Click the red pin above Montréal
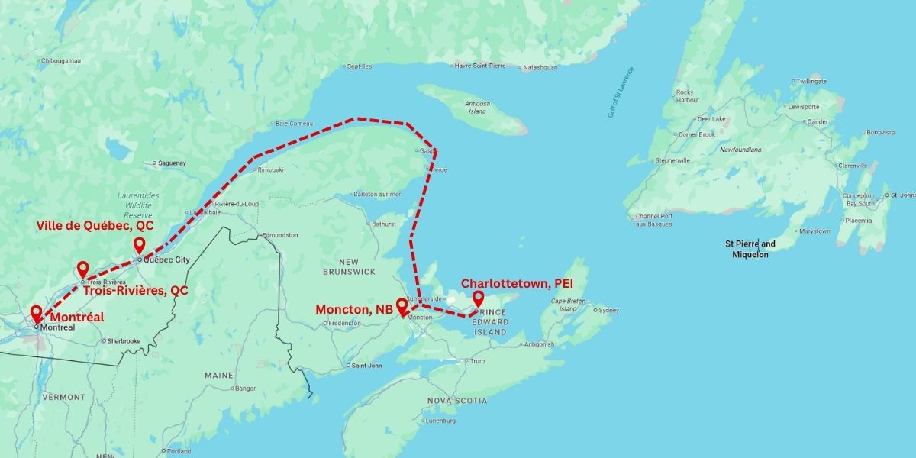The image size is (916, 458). coord(36,313)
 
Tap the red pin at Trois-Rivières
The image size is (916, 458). coord(82,269)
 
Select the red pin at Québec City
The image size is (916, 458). coord(139,245)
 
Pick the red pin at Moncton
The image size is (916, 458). coord(402,305)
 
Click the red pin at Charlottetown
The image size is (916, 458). coord(478,298)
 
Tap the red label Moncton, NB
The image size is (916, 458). coord(354,310)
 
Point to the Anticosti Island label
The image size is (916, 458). coord(476,107)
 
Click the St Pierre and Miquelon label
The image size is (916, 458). coord(750,249)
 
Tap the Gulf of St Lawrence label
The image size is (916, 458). coord(621,92)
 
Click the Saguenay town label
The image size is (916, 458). coord(171,163)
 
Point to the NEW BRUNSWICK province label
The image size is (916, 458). coord(349,266)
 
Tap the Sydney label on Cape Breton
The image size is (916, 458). coord(608,310)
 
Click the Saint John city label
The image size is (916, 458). coord(366,365)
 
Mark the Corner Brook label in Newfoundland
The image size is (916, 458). coord(696,134)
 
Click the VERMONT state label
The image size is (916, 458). coord(64,397)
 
